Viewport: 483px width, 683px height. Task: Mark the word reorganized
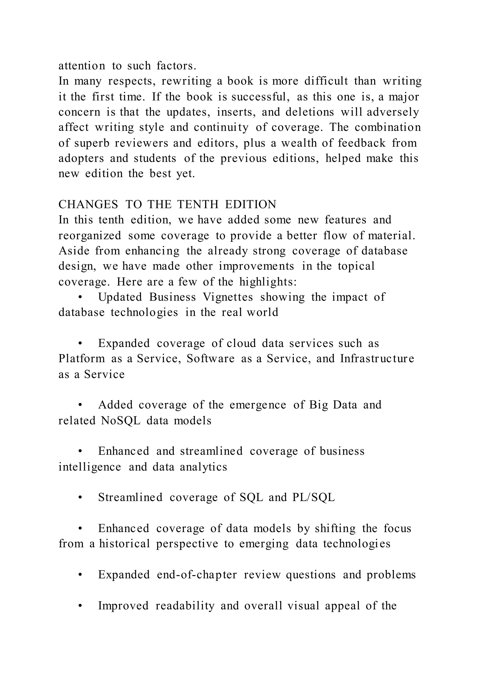click(90, 236)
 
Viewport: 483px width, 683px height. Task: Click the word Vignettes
click(228, 297)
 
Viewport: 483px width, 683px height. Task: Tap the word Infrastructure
click(377, 359)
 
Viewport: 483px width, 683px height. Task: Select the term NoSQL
click(121, 421)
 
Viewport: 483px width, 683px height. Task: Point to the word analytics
click(204, 467)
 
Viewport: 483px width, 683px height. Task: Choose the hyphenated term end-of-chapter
click(197, 575)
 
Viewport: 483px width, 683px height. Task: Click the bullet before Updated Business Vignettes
click(80, 297)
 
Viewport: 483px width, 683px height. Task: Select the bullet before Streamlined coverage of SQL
click(80, 498)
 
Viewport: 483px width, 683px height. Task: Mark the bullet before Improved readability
click(80, 606)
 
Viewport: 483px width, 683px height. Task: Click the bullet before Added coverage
click(80, 405)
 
